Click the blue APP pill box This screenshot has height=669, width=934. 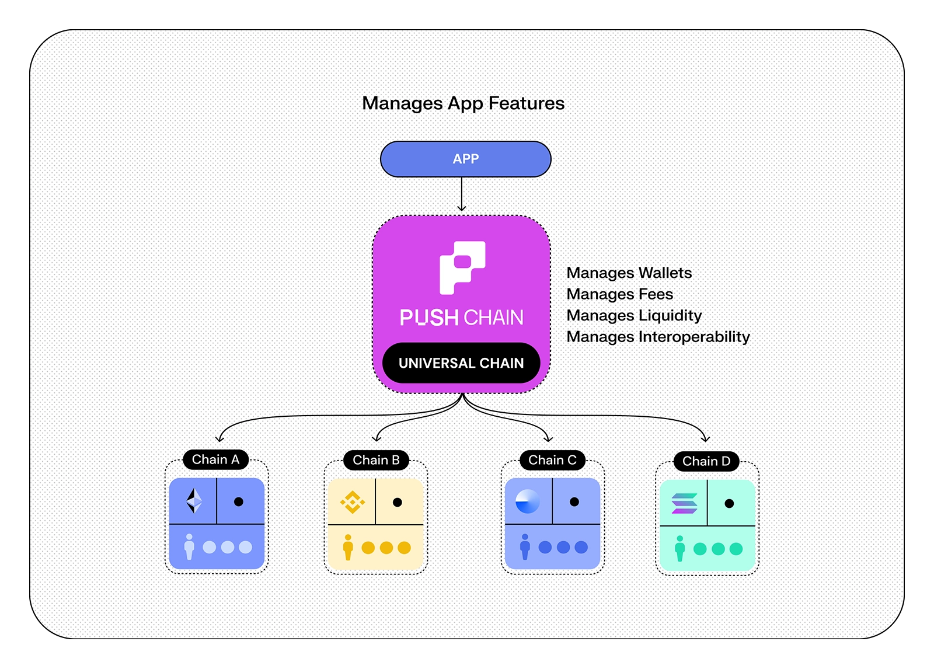click(x=465, y=159)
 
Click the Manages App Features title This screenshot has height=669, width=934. click(x=463, y=103)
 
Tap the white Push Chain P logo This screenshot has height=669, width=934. click(x=462, y=267)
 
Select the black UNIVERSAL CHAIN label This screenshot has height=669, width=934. click(x=461, y=363)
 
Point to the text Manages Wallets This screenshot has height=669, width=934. click(x=629, y=273)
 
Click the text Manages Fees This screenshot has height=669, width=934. click(x=619, y=294)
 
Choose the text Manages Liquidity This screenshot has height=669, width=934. click(x=634, y=315)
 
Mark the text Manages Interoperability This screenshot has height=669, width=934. click(x=658, y=337)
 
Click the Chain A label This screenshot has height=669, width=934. click(x=215, y=459)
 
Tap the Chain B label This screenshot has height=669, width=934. click(x=376, y=460)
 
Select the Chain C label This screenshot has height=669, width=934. click(x=552, y=460)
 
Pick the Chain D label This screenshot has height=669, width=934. click(x=706, y=461)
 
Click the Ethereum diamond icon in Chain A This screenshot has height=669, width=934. click(x=194, y=501)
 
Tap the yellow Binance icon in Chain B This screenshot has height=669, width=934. click(x=353, y=502)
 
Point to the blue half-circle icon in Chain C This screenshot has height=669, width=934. click(x=528, y=501)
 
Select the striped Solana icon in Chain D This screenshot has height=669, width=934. click(x=684, y=503)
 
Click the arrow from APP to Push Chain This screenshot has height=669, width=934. click(x=462, y=194)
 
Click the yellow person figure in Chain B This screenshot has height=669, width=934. click(x=348, y=547)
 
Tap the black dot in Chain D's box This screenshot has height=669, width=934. click(x=729, y=503)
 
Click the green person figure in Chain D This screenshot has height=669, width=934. click(x=679, y=548)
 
